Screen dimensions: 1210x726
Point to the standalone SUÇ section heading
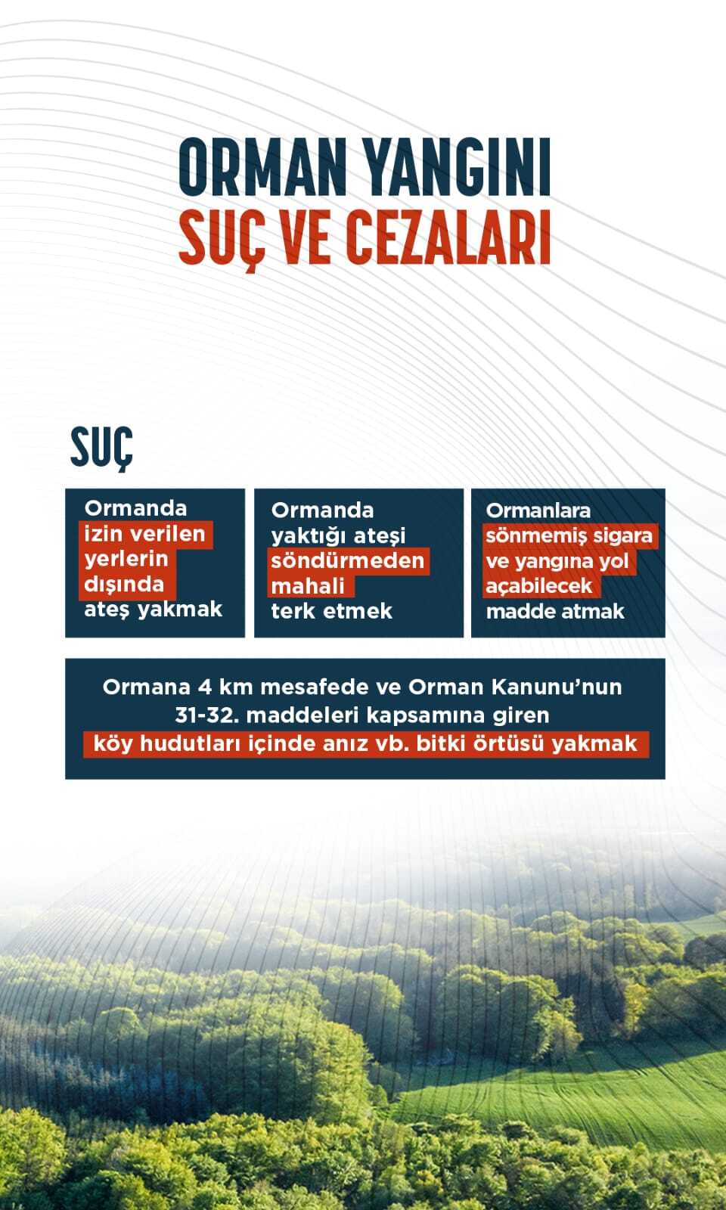click(x=101, y=448)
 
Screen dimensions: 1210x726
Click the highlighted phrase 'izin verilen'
click(x=144, y=534)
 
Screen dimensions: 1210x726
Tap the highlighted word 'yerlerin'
click(x=126, y=559)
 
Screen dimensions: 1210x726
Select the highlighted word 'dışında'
click(x=124, y=584)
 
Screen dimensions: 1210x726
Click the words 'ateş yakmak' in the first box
click(x=153, y=609)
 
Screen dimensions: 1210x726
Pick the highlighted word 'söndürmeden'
click(x=347, y=560)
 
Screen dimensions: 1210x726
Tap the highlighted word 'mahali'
click(x=308, y=586)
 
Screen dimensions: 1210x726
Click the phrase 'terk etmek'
click(x=331, y=611)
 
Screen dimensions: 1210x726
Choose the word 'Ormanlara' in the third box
click(x=538, y=510)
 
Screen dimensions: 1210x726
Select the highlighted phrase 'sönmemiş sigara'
click(x=569, y=535)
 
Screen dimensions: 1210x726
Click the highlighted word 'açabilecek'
click(x=538, y=586)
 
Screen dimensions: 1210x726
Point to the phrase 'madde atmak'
click(x=555, y=611)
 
